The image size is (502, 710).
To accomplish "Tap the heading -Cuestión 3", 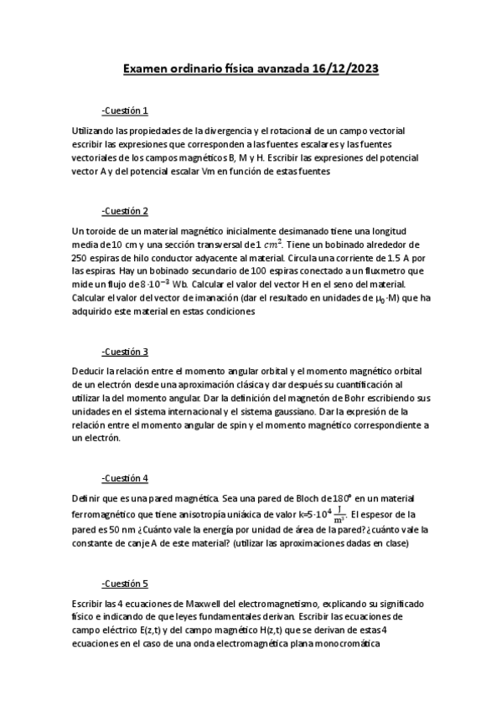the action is pyautogui.click(x=124, y=351).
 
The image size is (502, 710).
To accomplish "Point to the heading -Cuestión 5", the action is pyautogui.click(x=124, y=582).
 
